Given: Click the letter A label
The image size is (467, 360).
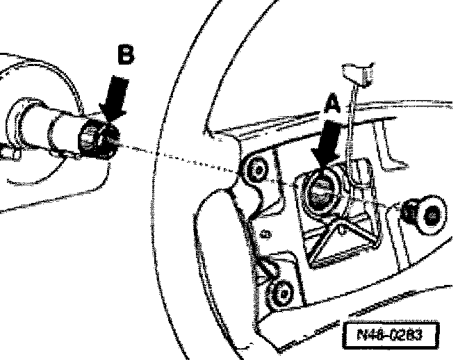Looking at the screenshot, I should point(333,105).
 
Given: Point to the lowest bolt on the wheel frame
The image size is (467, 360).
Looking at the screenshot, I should point(281,293).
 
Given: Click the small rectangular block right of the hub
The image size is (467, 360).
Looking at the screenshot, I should point(362,170).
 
